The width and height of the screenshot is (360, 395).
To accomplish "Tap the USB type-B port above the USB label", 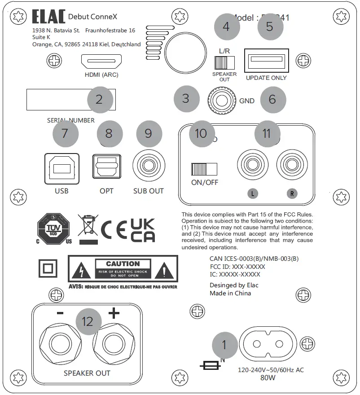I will click(62, 169).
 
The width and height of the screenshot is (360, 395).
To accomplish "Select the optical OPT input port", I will click(106, 169).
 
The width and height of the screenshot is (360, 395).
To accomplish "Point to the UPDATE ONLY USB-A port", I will click(266, 60).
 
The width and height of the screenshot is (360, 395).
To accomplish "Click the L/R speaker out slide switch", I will click(221, 61).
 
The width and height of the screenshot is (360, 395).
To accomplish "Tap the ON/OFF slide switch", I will click(204, 169).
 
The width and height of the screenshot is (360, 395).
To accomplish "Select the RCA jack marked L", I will click(252, 165).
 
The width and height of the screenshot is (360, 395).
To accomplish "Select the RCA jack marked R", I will click(292, 165).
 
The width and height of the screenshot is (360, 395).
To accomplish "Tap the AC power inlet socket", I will click(268, 344).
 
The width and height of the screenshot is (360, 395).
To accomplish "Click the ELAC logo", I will click(48, 17).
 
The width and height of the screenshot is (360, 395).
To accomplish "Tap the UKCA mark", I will click(142, 230).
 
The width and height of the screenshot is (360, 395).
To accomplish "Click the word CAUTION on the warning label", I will click(123, 264).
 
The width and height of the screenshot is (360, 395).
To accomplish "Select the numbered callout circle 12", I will click(88, 321).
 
